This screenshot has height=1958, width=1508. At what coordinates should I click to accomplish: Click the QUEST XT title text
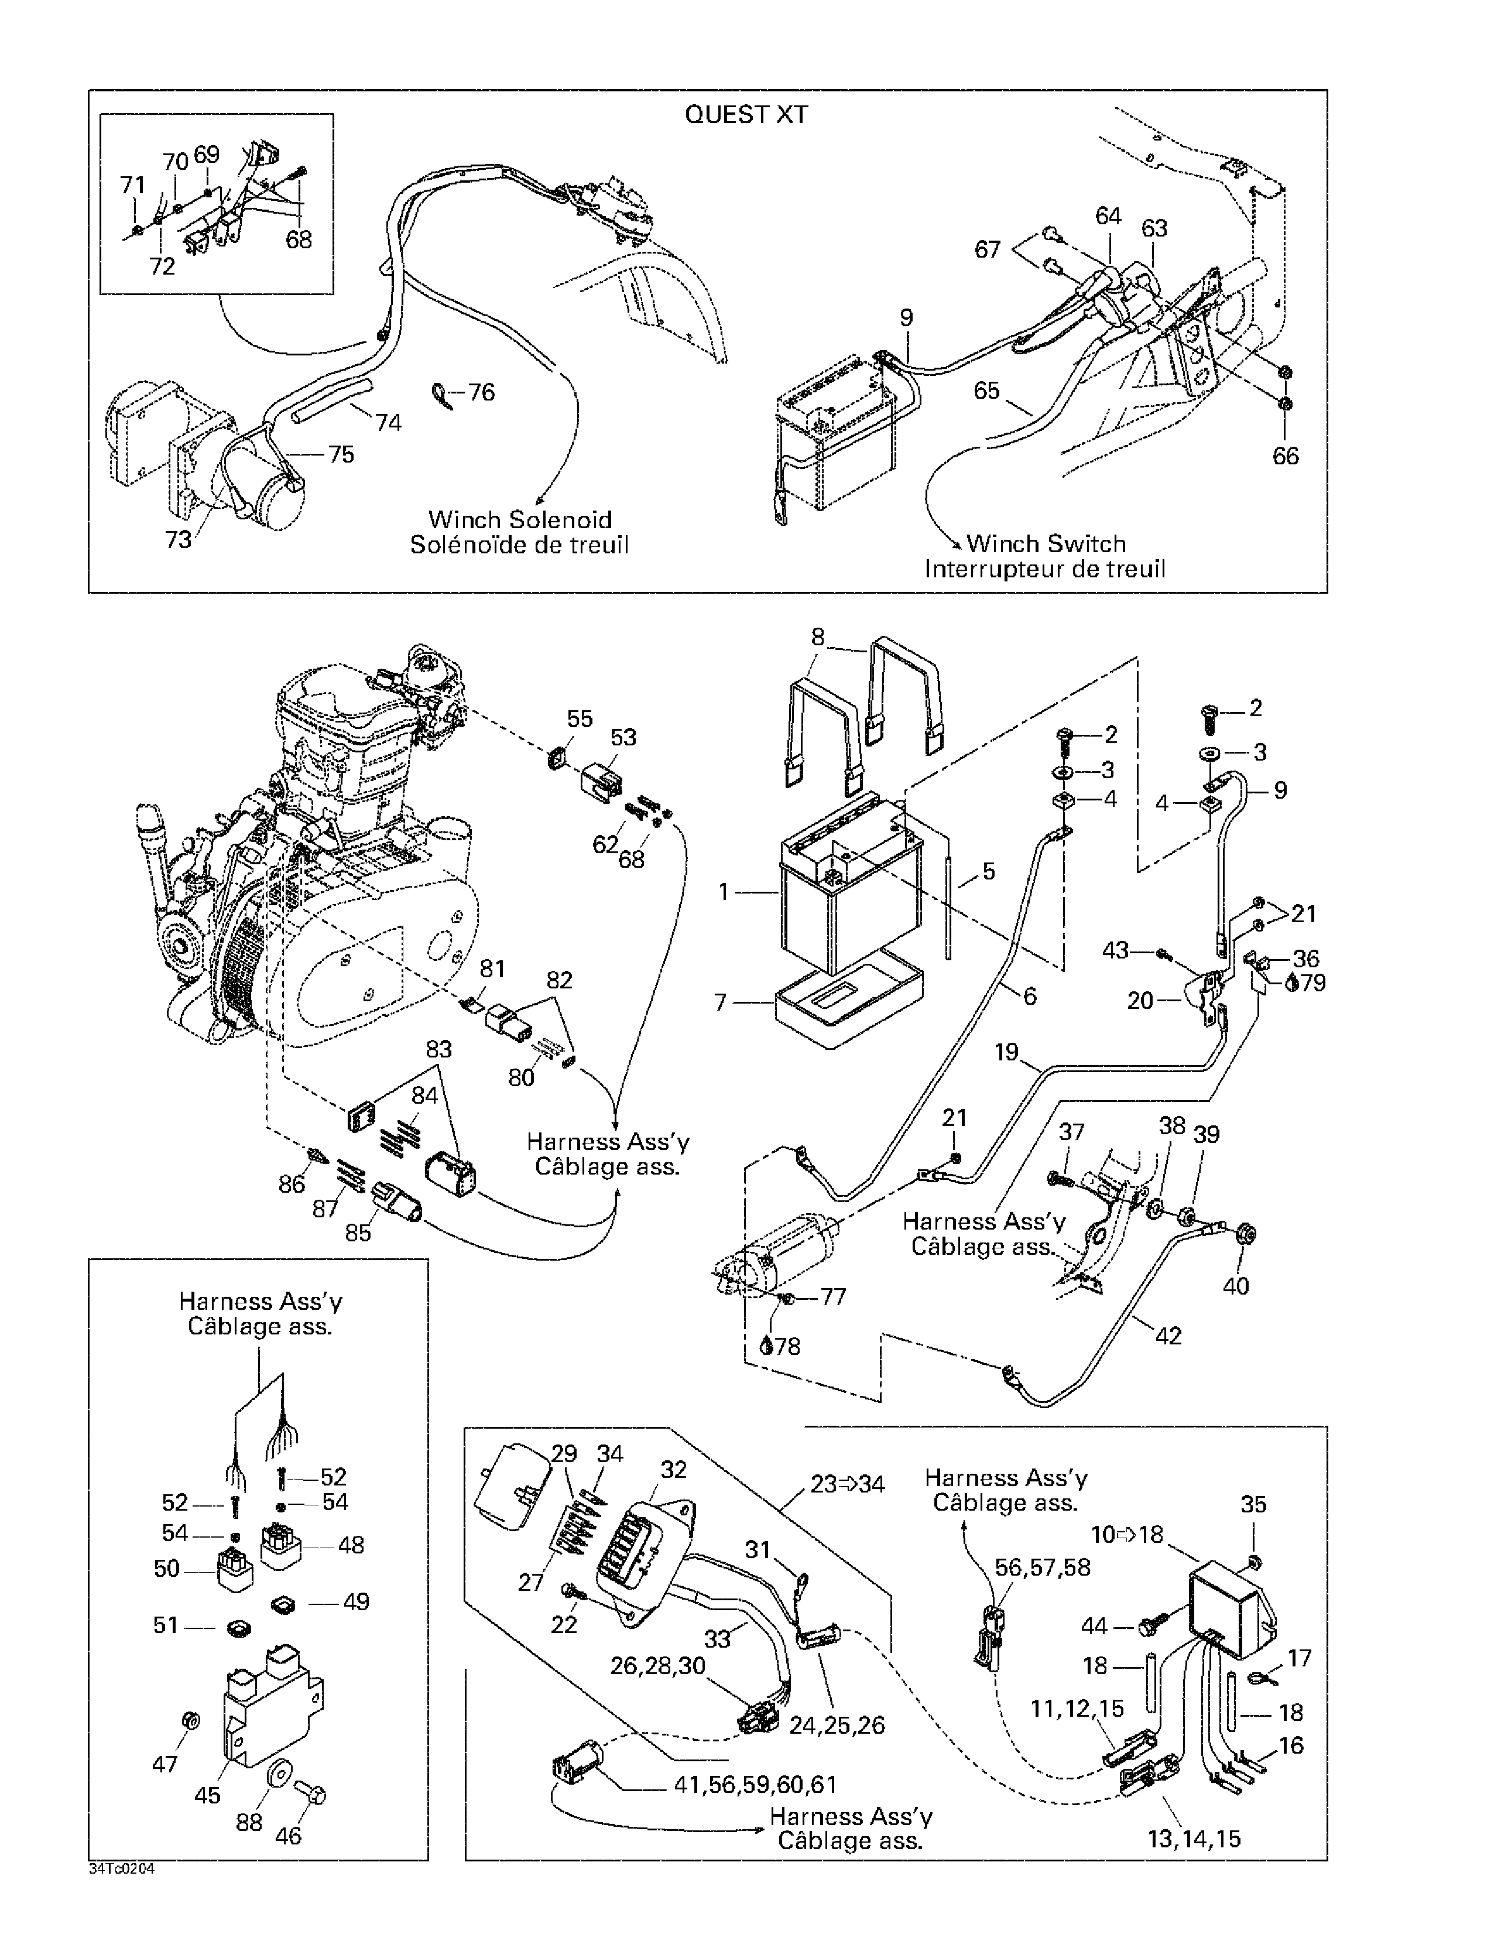746,115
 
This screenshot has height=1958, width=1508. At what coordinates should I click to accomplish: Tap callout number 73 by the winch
179,540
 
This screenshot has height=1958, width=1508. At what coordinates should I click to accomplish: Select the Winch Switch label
1046,544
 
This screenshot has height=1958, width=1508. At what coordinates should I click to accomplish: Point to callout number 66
1286,456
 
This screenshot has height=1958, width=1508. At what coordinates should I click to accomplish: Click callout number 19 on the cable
1007,1052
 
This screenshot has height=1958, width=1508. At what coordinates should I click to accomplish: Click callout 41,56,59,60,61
755,1784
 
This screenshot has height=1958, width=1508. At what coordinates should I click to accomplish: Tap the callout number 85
358,1233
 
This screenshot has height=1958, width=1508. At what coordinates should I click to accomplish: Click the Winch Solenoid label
520,520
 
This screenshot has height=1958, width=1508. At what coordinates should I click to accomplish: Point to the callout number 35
1253,1504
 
